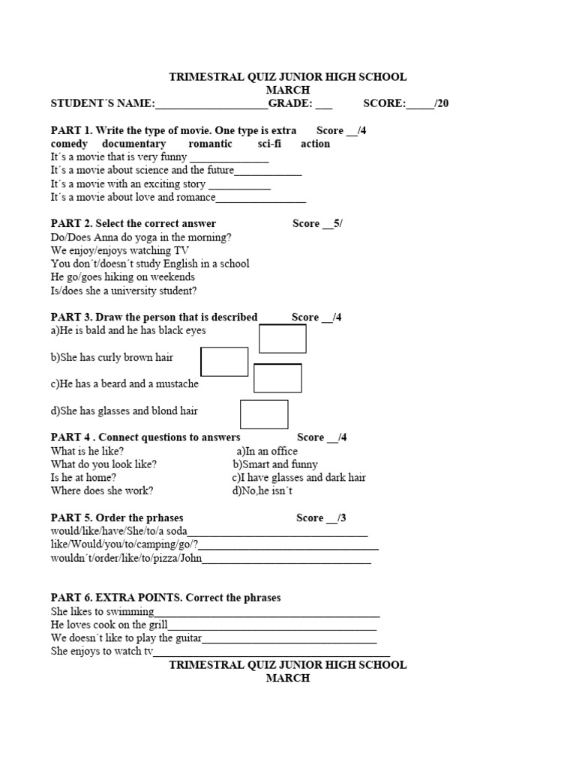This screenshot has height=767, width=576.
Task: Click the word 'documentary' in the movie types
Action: pos(133,144)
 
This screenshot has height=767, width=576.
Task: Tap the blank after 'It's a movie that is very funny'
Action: pos(229,158)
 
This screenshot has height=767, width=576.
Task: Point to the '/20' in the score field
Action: pos(441,103)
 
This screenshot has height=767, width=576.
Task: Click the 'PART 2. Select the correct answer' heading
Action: pos(133,223)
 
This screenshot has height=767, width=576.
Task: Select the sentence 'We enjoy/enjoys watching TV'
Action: pos(120,250)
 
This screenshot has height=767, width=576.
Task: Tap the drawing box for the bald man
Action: pos(283,339)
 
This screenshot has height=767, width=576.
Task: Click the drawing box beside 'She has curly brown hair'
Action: pos(225,362)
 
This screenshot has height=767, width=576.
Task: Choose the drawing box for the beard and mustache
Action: pos(277,378)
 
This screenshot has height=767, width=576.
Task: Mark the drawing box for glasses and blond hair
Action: pos(264,414)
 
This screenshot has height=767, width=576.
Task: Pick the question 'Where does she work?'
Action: pos(102,491)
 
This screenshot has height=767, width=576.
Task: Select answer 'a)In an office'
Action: pos(267,451)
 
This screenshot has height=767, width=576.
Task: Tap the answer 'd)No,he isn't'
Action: pos(262,491)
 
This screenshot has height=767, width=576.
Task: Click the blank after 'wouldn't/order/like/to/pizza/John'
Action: pos(286,559)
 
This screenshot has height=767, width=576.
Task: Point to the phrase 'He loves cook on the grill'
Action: pos(109,625)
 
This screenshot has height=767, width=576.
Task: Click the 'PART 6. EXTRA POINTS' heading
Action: pos(165,598)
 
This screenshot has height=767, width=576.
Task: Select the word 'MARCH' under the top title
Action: pos(288,90)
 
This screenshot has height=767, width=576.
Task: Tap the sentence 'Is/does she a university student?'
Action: pos(124,291)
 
